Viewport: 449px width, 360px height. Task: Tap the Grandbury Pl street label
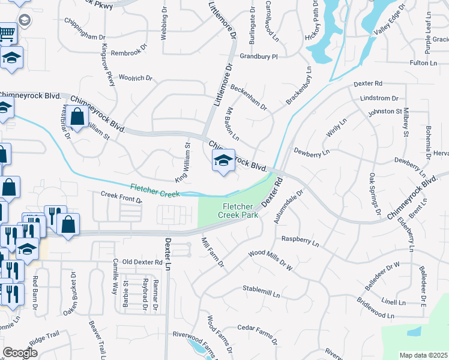[x=259, y=57]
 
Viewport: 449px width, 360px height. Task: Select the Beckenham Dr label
[x=247, y=97]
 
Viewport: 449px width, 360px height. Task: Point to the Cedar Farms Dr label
[x=257, y=335]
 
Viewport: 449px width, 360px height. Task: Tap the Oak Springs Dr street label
[x=374, y=194]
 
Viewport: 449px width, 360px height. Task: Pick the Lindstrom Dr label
[x=379, y=98]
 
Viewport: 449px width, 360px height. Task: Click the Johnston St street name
[x=385, y=112]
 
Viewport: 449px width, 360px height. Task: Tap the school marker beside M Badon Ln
[x=223, y=160]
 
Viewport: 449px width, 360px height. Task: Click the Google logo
[x=20, y=353]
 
